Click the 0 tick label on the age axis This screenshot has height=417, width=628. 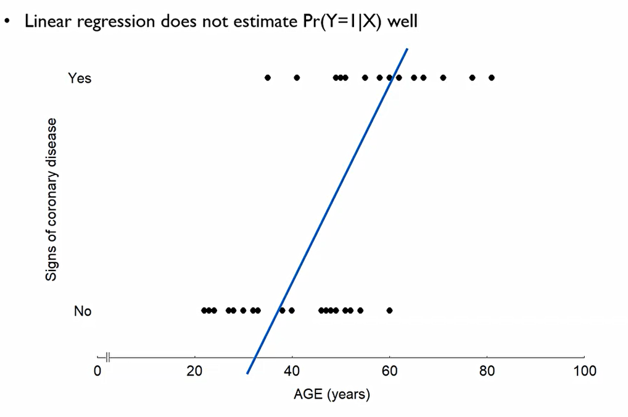[x=97, y=371]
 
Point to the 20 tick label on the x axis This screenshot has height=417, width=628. [x=195, y=371]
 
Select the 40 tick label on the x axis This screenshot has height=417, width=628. [x=292, y=371]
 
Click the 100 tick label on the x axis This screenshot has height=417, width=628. [x=584, y=371]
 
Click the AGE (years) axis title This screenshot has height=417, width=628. [x=332, y=394]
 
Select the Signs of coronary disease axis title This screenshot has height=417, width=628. [x=52, y=199]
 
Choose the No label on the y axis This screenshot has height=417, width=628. [x=83, y=311]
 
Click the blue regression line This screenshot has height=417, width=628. [x=327, y=210]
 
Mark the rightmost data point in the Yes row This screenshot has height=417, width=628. [x=492, y=78]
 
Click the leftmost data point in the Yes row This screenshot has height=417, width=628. [x=268, y=78]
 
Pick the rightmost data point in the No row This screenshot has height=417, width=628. [x=389, y=310]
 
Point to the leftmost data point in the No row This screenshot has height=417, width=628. [x=204, y=310]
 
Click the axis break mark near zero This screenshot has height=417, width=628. [x=108, y=357]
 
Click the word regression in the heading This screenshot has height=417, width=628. [x=110, y=22]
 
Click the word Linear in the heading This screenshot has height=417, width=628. [x=46, y=22]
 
